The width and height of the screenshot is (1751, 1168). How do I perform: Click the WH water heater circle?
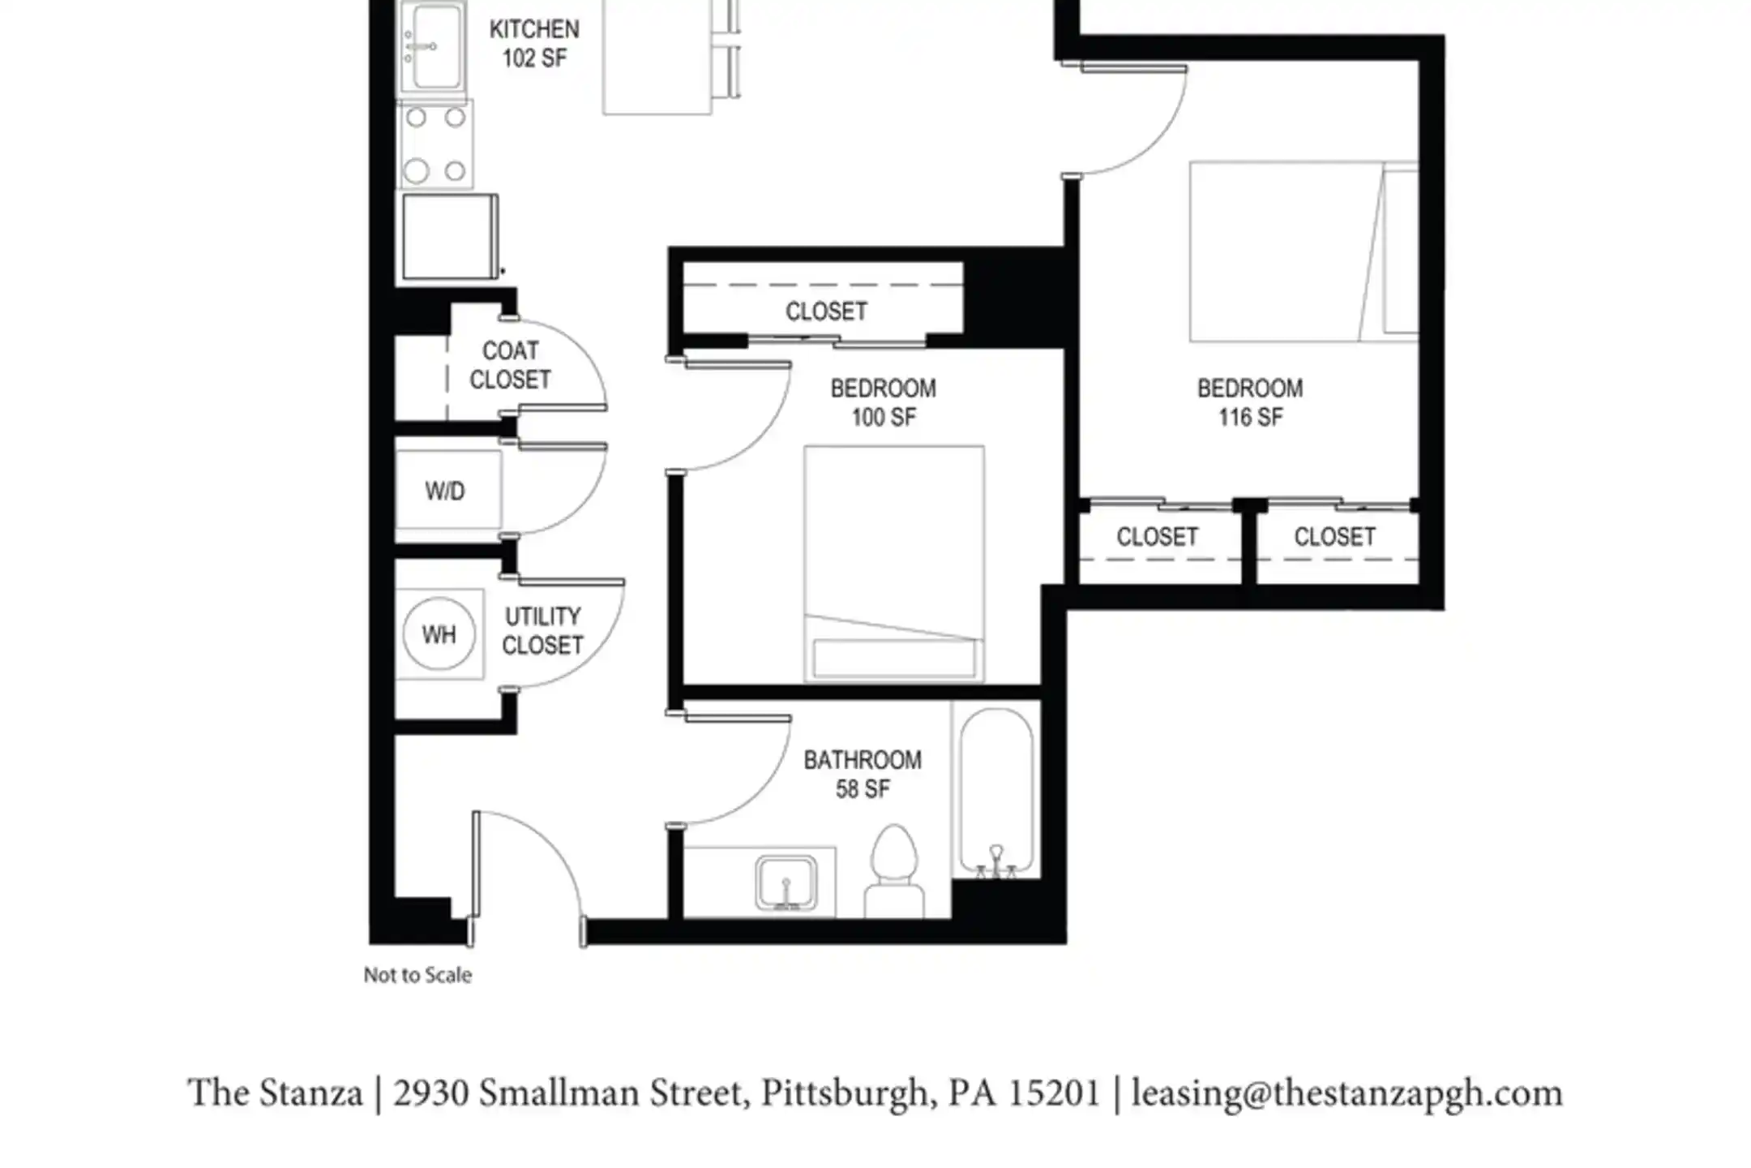coord(439,633)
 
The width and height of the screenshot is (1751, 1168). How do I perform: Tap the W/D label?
coord(445,491)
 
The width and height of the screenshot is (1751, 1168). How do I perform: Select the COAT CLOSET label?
coord(511,365)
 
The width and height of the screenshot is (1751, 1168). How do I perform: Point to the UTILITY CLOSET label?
coord(542,631)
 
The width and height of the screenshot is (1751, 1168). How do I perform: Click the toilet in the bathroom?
coord(894,872)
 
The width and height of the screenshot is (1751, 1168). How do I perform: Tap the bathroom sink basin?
coord(786,882)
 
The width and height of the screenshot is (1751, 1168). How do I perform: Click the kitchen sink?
coord(433,46)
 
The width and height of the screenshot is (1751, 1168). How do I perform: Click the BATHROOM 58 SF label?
coord(863,774)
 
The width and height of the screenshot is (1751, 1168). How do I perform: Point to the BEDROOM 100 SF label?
coord(883,402)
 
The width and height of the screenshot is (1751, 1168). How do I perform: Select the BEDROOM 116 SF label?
coord(1250,402)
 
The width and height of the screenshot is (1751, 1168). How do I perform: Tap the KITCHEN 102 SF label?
coord(534,44)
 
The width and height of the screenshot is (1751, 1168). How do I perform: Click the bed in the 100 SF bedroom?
coord(894,564)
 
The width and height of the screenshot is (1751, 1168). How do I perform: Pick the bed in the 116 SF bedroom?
coord(1304,251)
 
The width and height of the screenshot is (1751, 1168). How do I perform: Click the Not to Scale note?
coord(417,975)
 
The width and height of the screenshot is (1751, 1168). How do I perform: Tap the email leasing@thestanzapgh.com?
coord(1346,1093)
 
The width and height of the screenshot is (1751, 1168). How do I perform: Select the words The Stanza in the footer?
coord(275,1093)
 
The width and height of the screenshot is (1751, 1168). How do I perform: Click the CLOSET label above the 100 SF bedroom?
coord(826,311)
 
